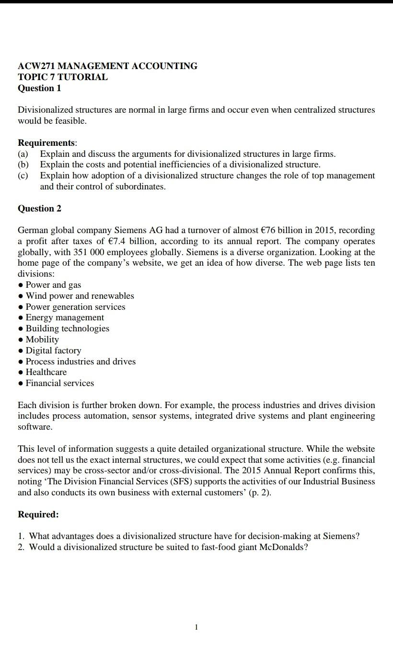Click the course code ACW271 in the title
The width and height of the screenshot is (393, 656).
(36, 66)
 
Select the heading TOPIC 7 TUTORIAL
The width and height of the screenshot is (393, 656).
(63, 77)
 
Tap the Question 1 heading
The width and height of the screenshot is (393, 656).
(39, 88)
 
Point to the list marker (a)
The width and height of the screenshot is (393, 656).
(23, 154)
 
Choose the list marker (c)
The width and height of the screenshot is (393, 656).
(23, 176)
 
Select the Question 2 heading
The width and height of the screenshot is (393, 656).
(39, 209)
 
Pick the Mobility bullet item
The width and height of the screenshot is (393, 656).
(42, 340)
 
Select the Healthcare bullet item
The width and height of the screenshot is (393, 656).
(46, 372)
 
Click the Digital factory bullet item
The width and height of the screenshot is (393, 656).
(53, 351)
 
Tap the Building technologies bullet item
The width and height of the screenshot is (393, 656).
(67, 328)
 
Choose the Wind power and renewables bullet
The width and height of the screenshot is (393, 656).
(80, 296)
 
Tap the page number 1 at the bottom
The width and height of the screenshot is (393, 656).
(196, 627)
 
